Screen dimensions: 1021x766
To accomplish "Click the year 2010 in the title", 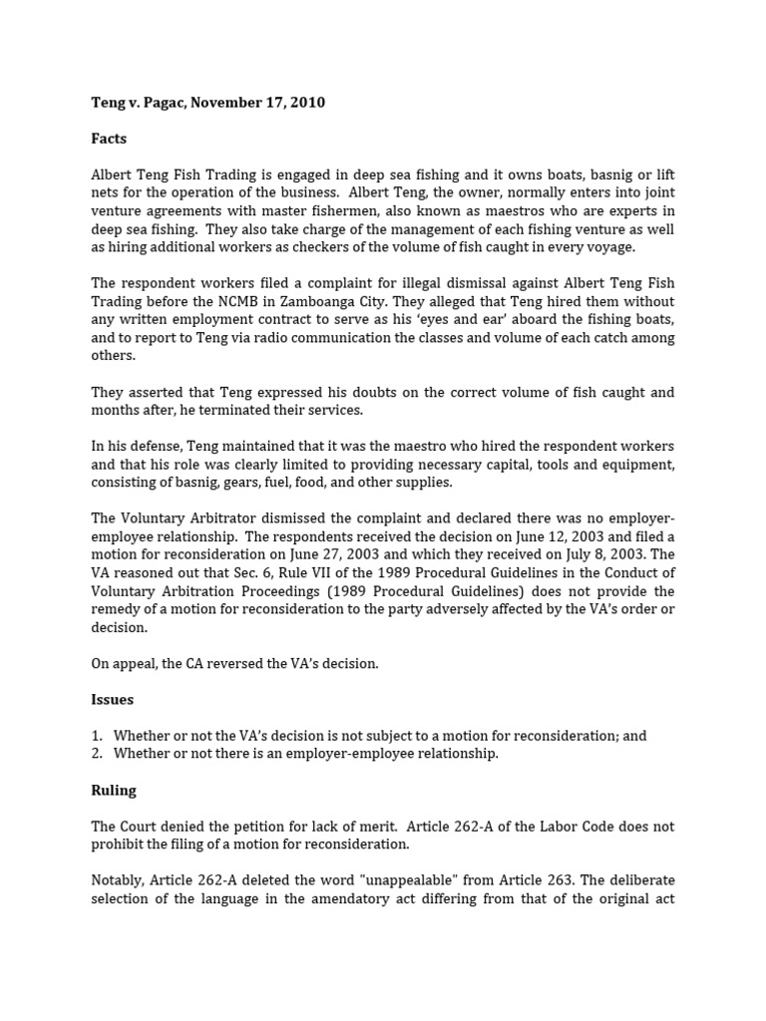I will click(x=306, y=103).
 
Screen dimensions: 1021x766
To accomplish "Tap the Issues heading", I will click(x=112, y=700).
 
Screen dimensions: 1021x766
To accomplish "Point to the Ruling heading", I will click(x=114, y=790).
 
